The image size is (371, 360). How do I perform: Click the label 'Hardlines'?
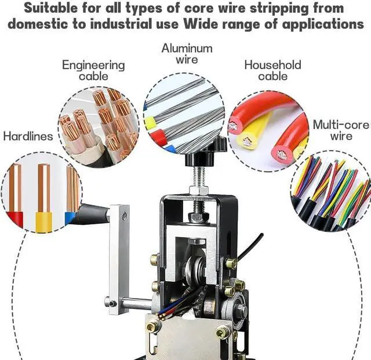28,137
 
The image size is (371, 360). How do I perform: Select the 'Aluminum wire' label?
187,53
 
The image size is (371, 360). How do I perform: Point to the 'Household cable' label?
272,70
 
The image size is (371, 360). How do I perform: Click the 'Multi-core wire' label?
341,130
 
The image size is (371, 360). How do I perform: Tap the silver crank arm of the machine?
118,255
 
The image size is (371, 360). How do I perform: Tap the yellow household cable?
255,130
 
